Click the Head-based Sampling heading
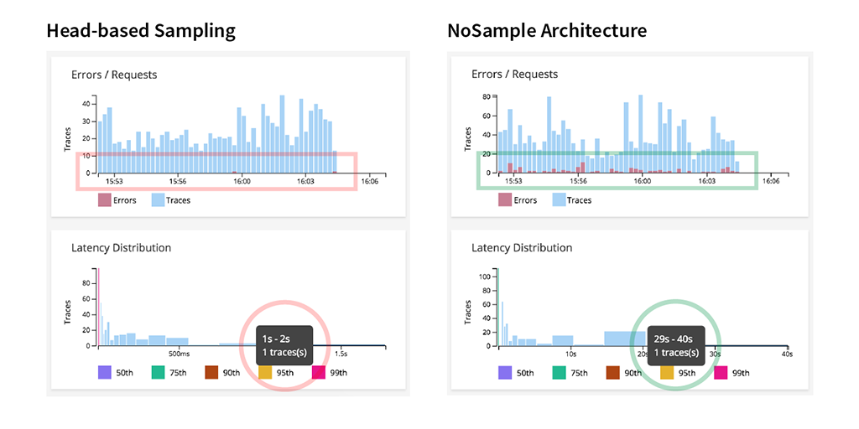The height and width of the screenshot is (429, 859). (x=140, y=32)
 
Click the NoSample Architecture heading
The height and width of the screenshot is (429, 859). (x=546, y=32)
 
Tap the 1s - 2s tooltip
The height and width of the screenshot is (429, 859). (x=277, y=344)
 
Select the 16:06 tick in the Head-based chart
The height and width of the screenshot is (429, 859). (x=369, y=181)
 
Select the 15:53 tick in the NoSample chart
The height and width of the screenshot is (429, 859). (x=513, y=181)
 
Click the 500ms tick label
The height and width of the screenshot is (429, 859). (x=177, y=354)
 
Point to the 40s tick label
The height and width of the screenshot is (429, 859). (x=786, y=354)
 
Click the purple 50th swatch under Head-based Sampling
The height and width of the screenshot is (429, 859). (x=104, y=373)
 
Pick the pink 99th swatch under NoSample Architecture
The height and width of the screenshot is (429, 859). (x=720, y=373)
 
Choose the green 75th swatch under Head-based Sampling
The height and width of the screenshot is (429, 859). (x=158, y=373)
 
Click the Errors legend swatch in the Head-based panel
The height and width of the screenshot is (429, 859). (x=104, y=200)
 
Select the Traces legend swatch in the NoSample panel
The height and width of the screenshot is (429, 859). (x=558, y=200)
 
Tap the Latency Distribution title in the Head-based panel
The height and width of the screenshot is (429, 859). (x=121, y=248)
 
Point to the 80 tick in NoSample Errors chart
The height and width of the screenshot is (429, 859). (x=485, y=97)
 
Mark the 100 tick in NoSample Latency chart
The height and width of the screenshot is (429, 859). (x=483, y=276)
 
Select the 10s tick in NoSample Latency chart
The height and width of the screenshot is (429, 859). (x=570, y=354)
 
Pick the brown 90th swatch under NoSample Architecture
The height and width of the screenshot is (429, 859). (x=612, y=373)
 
